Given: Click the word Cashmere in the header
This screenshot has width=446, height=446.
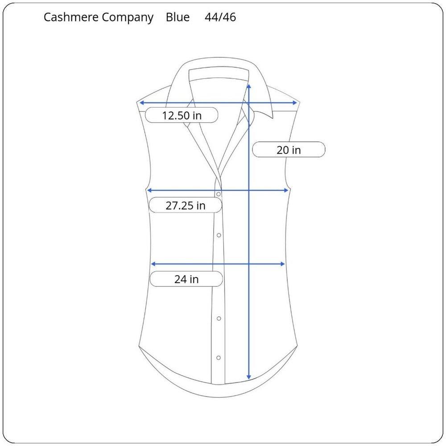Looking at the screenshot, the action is tap(71, 17).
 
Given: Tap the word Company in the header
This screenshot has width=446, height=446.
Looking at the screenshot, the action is tap(128, 18).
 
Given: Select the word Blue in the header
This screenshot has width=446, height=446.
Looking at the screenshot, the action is tap(178, 17).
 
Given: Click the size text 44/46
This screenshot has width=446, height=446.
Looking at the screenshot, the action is tap(220, 17).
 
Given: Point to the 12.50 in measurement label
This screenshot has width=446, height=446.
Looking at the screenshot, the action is tap(182, 116).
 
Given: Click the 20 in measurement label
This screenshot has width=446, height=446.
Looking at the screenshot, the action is tap(289, 150).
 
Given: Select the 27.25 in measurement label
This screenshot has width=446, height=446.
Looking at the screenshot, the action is tap(186, 205).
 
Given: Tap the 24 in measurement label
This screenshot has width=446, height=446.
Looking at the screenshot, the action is tap(186, 279).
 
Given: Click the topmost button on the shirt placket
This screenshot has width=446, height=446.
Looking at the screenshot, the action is tap(219, 194).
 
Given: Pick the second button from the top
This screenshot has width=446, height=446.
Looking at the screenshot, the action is tap(219, 235).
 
